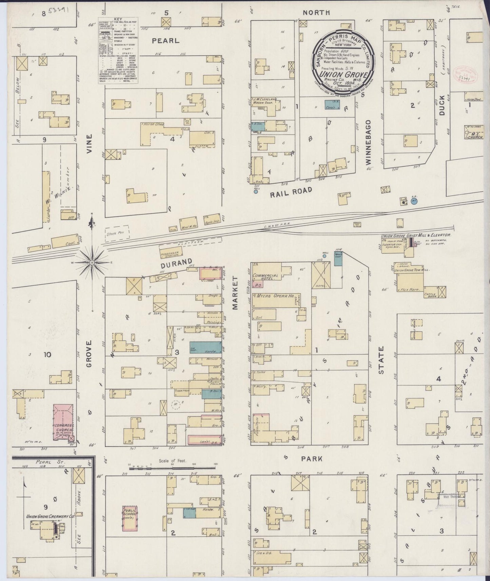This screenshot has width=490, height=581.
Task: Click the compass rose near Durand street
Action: click(x=92, y=263)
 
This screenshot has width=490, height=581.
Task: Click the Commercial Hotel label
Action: click(x=266, y=278)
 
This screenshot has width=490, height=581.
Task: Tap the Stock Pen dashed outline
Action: click(x=114, y=234)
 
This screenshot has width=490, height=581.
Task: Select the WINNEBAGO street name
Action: click(x=369, y=142)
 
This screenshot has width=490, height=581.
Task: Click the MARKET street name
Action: click(x=236, y=292)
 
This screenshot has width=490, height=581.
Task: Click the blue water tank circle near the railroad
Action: click(x=414, y=201)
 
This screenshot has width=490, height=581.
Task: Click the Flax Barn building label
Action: click(x=410, y=290)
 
